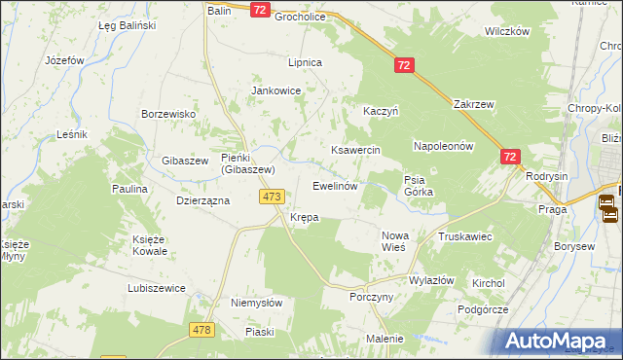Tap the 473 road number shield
273,197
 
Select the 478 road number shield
202,330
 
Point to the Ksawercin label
354,151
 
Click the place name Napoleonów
443,146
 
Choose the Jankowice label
276,90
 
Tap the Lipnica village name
305,62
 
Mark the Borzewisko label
169,114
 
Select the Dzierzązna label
202,200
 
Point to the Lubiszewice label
157,288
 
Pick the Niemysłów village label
256,303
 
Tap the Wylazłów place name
432,280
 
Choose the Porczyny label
371,298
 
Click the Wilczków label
506,31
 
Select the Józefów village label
65,60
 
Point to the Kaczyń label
381,112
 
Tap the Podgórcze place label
482,308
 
